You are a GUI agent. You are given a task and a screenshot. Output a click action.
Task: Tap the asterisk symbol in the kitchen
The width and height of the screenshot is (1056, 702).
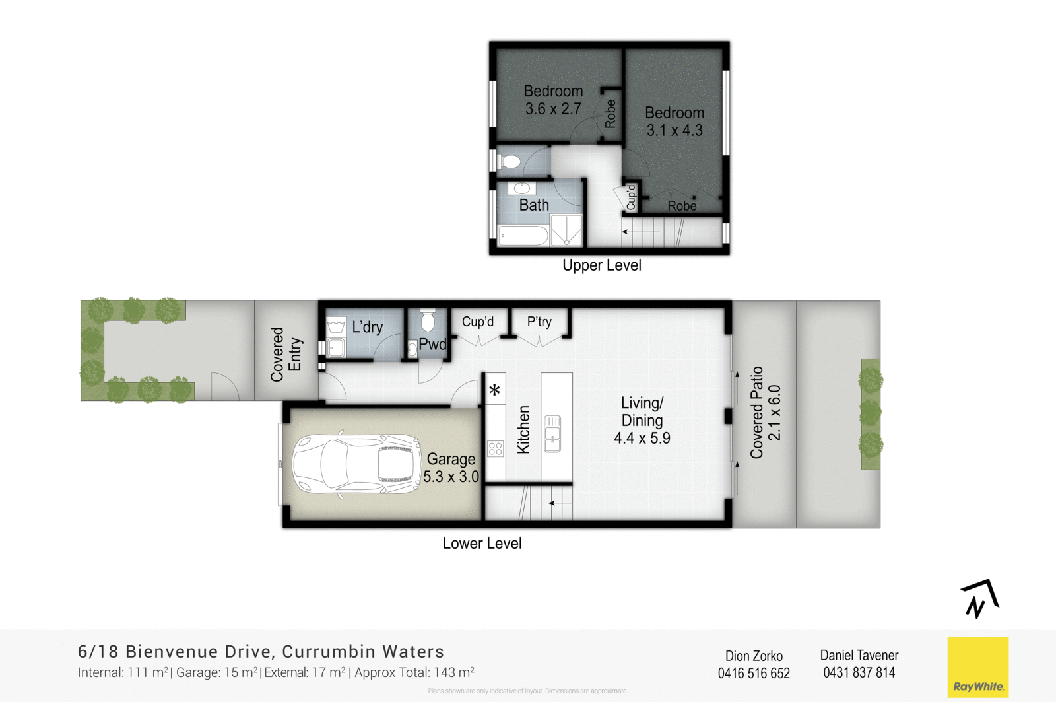coord(495,390)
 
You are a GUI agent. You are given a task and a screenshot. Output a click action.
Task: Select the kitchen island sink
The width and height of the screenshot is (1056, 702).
coord(552,434)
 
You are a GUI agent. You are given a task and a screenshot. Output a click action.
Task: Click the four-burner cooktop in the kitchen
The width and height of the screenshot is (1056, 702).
coord(495,449)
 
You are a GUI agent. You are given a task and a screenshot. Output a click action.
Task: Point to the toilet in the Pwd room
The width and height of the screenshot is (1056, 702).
coord(428,321)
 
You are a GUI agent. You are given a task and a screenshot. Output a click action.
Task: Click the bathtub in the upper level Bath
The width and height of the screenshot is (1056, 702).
coord(523,236)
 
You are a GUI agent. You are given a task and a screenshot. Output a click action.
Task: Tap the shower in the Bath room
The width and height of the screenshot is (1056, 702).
coord(566,230)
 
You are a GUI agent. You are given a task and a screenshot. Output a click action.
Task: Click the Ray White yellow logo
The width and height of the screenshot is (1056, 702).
coord(977,667)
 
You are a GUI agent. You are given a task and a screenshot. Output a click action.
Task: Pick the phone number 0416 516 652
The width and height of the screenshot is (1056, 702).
coord(754,673)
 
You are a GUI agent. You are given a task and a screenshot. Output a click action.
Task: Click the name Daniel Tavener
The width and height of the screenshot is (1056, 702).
coord(859,655)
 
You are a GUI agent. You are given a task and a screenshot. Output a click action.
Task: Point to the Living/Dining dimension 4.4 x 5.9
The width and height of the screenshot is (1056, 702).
coord(642,438)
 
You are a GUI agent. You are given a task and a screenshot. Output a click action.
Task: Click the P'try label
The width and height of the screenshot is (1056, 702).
coord(539,322)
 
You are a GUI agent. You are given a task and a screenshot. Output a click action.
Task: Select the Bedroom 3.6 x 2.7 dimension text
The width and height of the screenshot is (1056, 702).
coord(553,109)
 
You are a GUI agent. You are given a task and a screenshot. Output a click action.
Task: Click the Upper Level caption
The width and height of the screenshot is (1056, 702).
coord(601,265)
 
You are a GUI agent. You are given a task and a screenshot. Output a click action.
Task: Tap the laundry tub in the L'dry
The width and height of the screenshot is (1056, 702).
coord(336,326)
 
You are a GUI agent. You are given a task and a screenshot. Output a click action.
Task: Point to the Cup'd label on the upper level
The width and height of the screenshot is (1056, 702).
coord(630,197)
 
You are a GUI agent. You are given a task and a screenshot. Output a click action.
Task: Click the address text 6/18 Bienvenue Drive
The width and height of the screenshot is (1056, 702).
coord(175,652)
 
